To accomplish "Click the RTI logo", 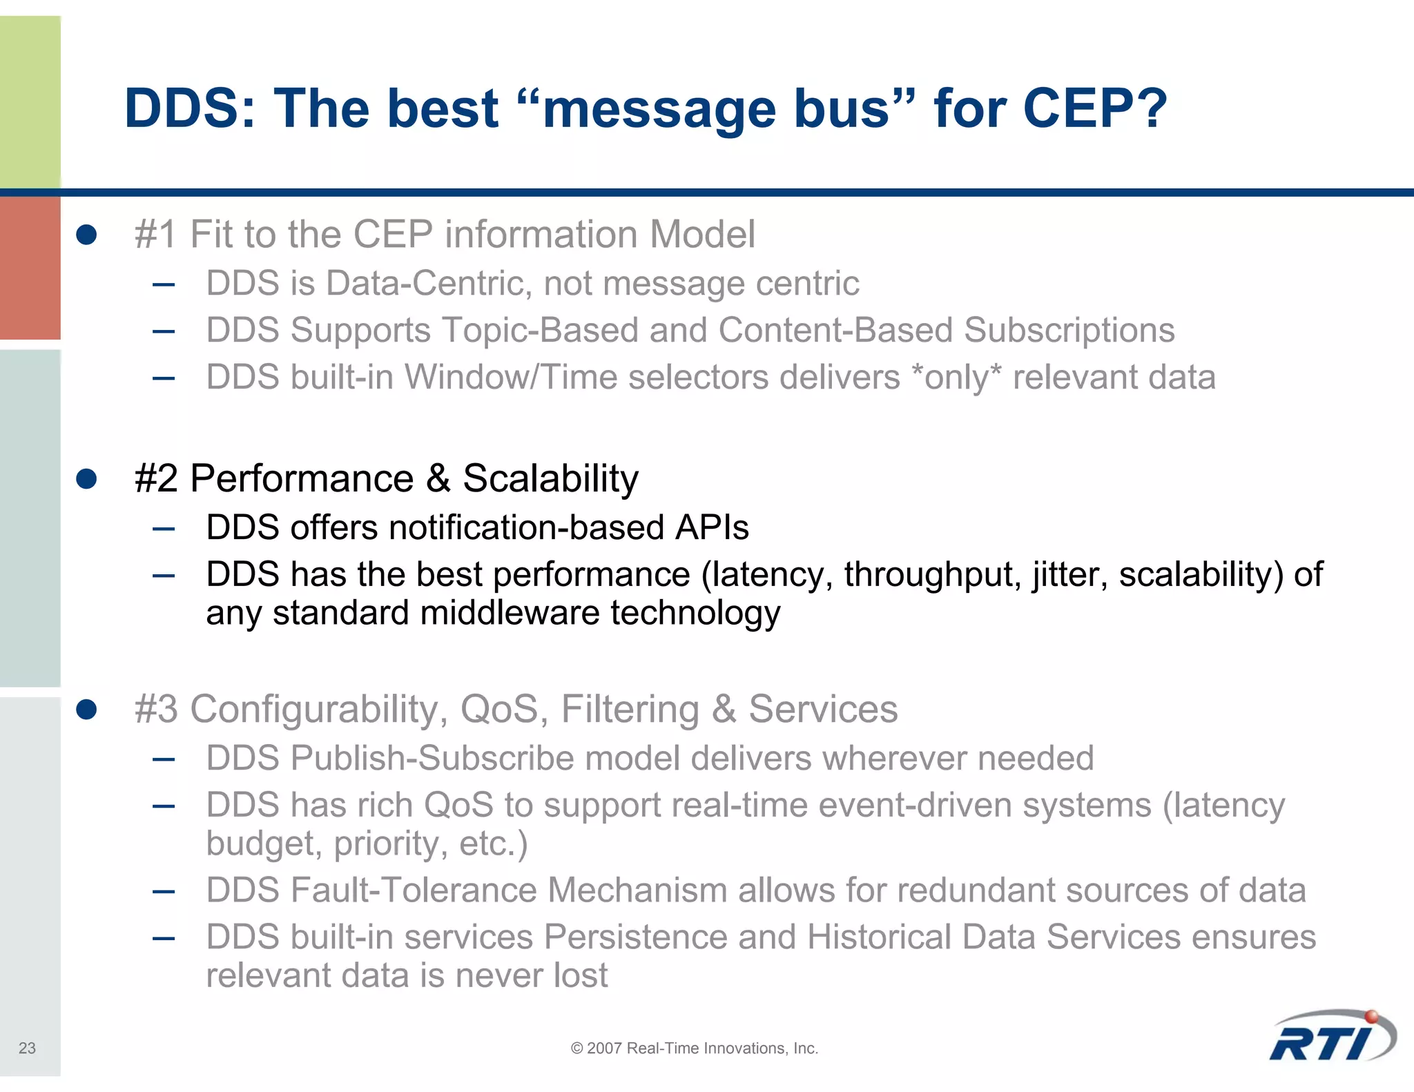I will [1331, 1037].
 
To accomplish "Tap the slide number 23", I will [27, 1048].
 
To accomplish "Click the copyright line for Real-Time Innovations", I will [694, 1048].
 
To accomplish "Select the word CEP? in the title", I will [1094, 108].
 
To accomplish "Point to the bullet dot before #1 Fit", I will [86, 235].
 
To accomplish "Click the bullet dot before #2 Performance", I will [86, 478].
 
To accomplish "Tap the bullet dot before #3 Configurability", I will [86, 709].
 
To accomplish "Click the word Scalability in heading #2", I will [550, 478].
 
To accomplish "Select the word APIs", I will [712, 528].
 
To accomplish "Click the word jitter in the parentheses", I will [1070, 574].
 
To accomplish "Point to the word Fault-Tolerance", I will [414, 890].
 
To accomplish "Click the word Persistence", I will [635, 937].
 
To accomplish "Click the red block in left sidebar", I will [30, 268].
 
